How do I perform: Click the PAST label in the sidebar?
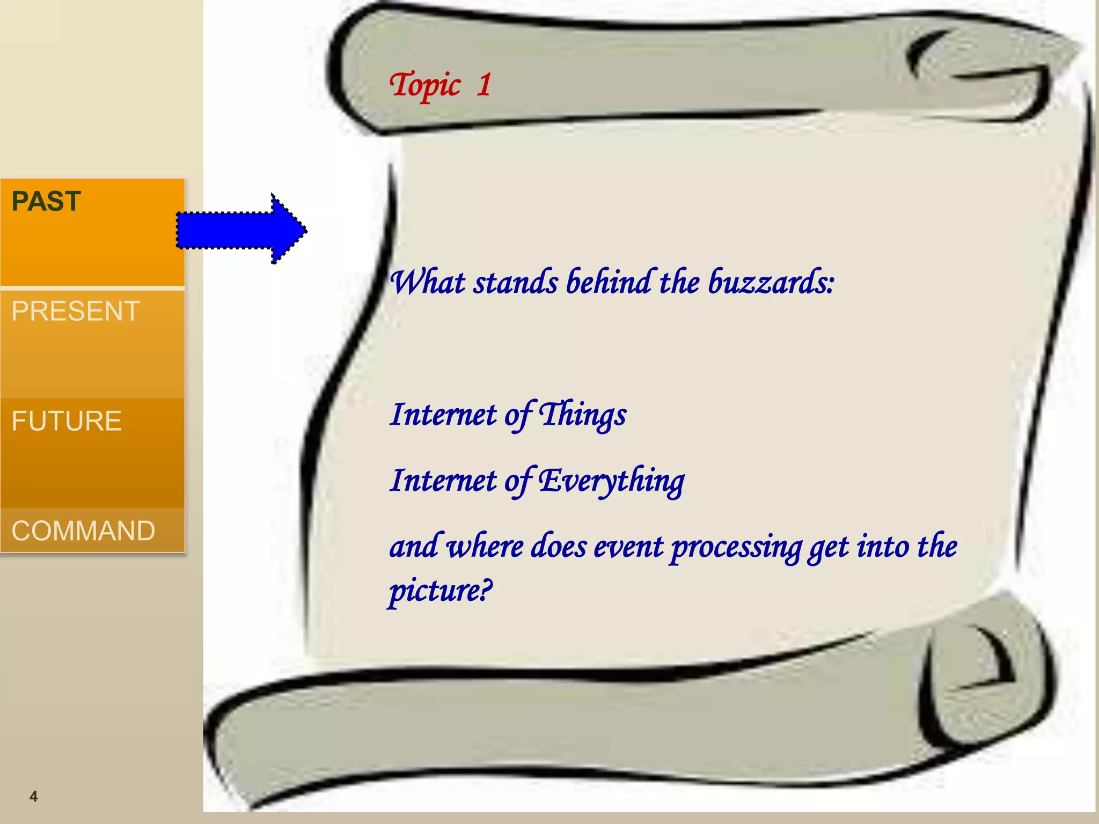tap(46, 202)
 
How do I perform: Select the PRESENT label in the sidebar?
tap(76, 312)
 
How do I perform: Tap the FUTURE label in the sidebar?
tap(67, 421)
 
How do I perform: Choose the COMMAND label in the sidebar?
tap(83, 531)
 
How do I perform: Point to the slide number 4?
tap(33, 796)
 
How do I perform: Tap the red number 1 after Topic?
tap(483, 85)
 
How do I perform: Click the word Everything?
tap(612, 481)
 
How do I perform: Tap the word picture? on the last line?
tap(440, 591)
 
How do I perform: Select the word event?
tap(628, 547)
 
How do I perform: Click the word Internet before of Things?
tap(443, 415)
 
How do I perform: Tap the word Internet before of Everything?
tap(443, 480)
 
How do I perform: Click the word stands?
tap(515, 283)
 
